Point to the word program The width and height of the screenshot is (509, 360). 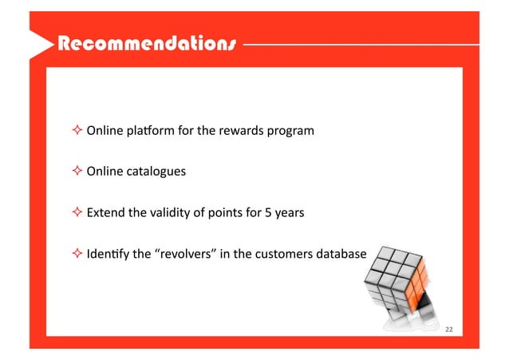pos(292,130)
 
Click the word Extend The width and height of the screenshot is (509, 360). pos(105,213)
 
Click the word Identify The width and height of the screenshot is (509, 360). pos(107,255)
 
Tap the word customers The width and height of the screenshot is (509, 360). pos(286,255)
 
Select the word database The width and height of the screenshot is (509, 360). pos(341,255)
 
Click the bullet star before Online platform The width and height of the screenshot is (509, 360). pos(77,130)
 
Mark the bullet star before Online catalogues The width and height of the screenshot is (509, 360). pos(77,172)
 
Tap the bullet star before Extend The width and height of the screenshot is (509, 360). pos(77,213)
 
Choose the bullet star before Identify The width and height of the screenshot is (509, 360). pos(77,255)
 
